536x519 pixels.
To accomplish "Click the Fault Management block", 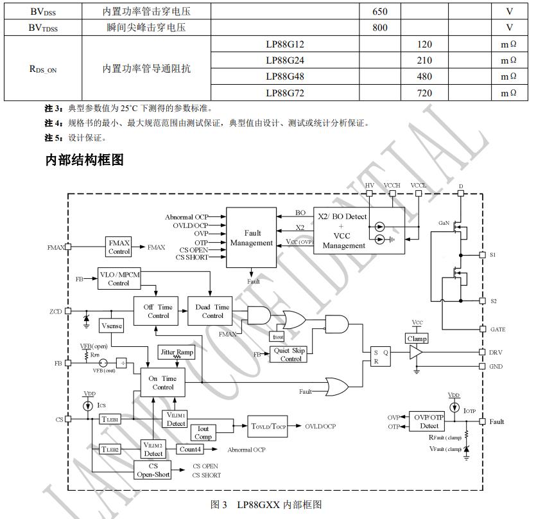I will click(x=252, y=238).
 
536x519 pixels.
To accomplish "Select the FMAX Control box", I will click(x=119, y=247).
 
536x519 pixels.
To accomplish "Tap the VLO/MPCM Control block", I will click(x=119, y=278).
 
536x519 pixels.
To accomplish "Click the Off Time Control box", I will click(x=157, y=312).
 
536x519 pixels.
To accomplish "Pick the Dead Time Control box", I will click(x=212, y=312).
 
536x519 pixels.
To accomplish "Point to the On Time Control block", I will click(x=162, y=383).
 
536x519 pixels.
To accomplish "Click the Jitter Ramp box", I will click(x=177, y=353).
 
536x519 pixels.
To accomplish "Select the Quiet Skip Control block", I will click(x=290, y=355).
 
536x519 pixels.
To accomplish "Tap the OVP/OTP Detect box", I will click(x=429, y=421).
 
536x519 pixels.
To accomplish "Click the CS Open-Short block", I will click(x=153, y=470).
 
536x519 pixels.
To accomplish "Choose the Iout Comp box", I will click(x=203, y=432).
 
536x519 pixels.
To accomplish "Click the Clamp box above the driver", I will click(x=417, y=339).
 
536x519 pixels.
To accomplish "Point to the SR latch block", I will click(x=381, y=356).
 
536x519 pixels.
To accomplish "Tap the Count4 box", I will click(x=190, y=450).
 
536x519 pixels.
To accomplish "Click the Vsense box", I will click(x=112, y=326).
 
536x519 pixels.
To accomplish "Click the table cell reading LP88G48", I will click(x=284, y=76).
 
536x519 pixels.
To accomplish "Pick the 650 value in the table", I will click(x=379, y=12).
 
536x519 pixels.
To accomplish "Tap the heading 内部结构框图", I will click(x=84, y=160).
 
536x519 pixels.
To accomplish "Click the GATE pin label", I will click(x=498, y=330).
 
